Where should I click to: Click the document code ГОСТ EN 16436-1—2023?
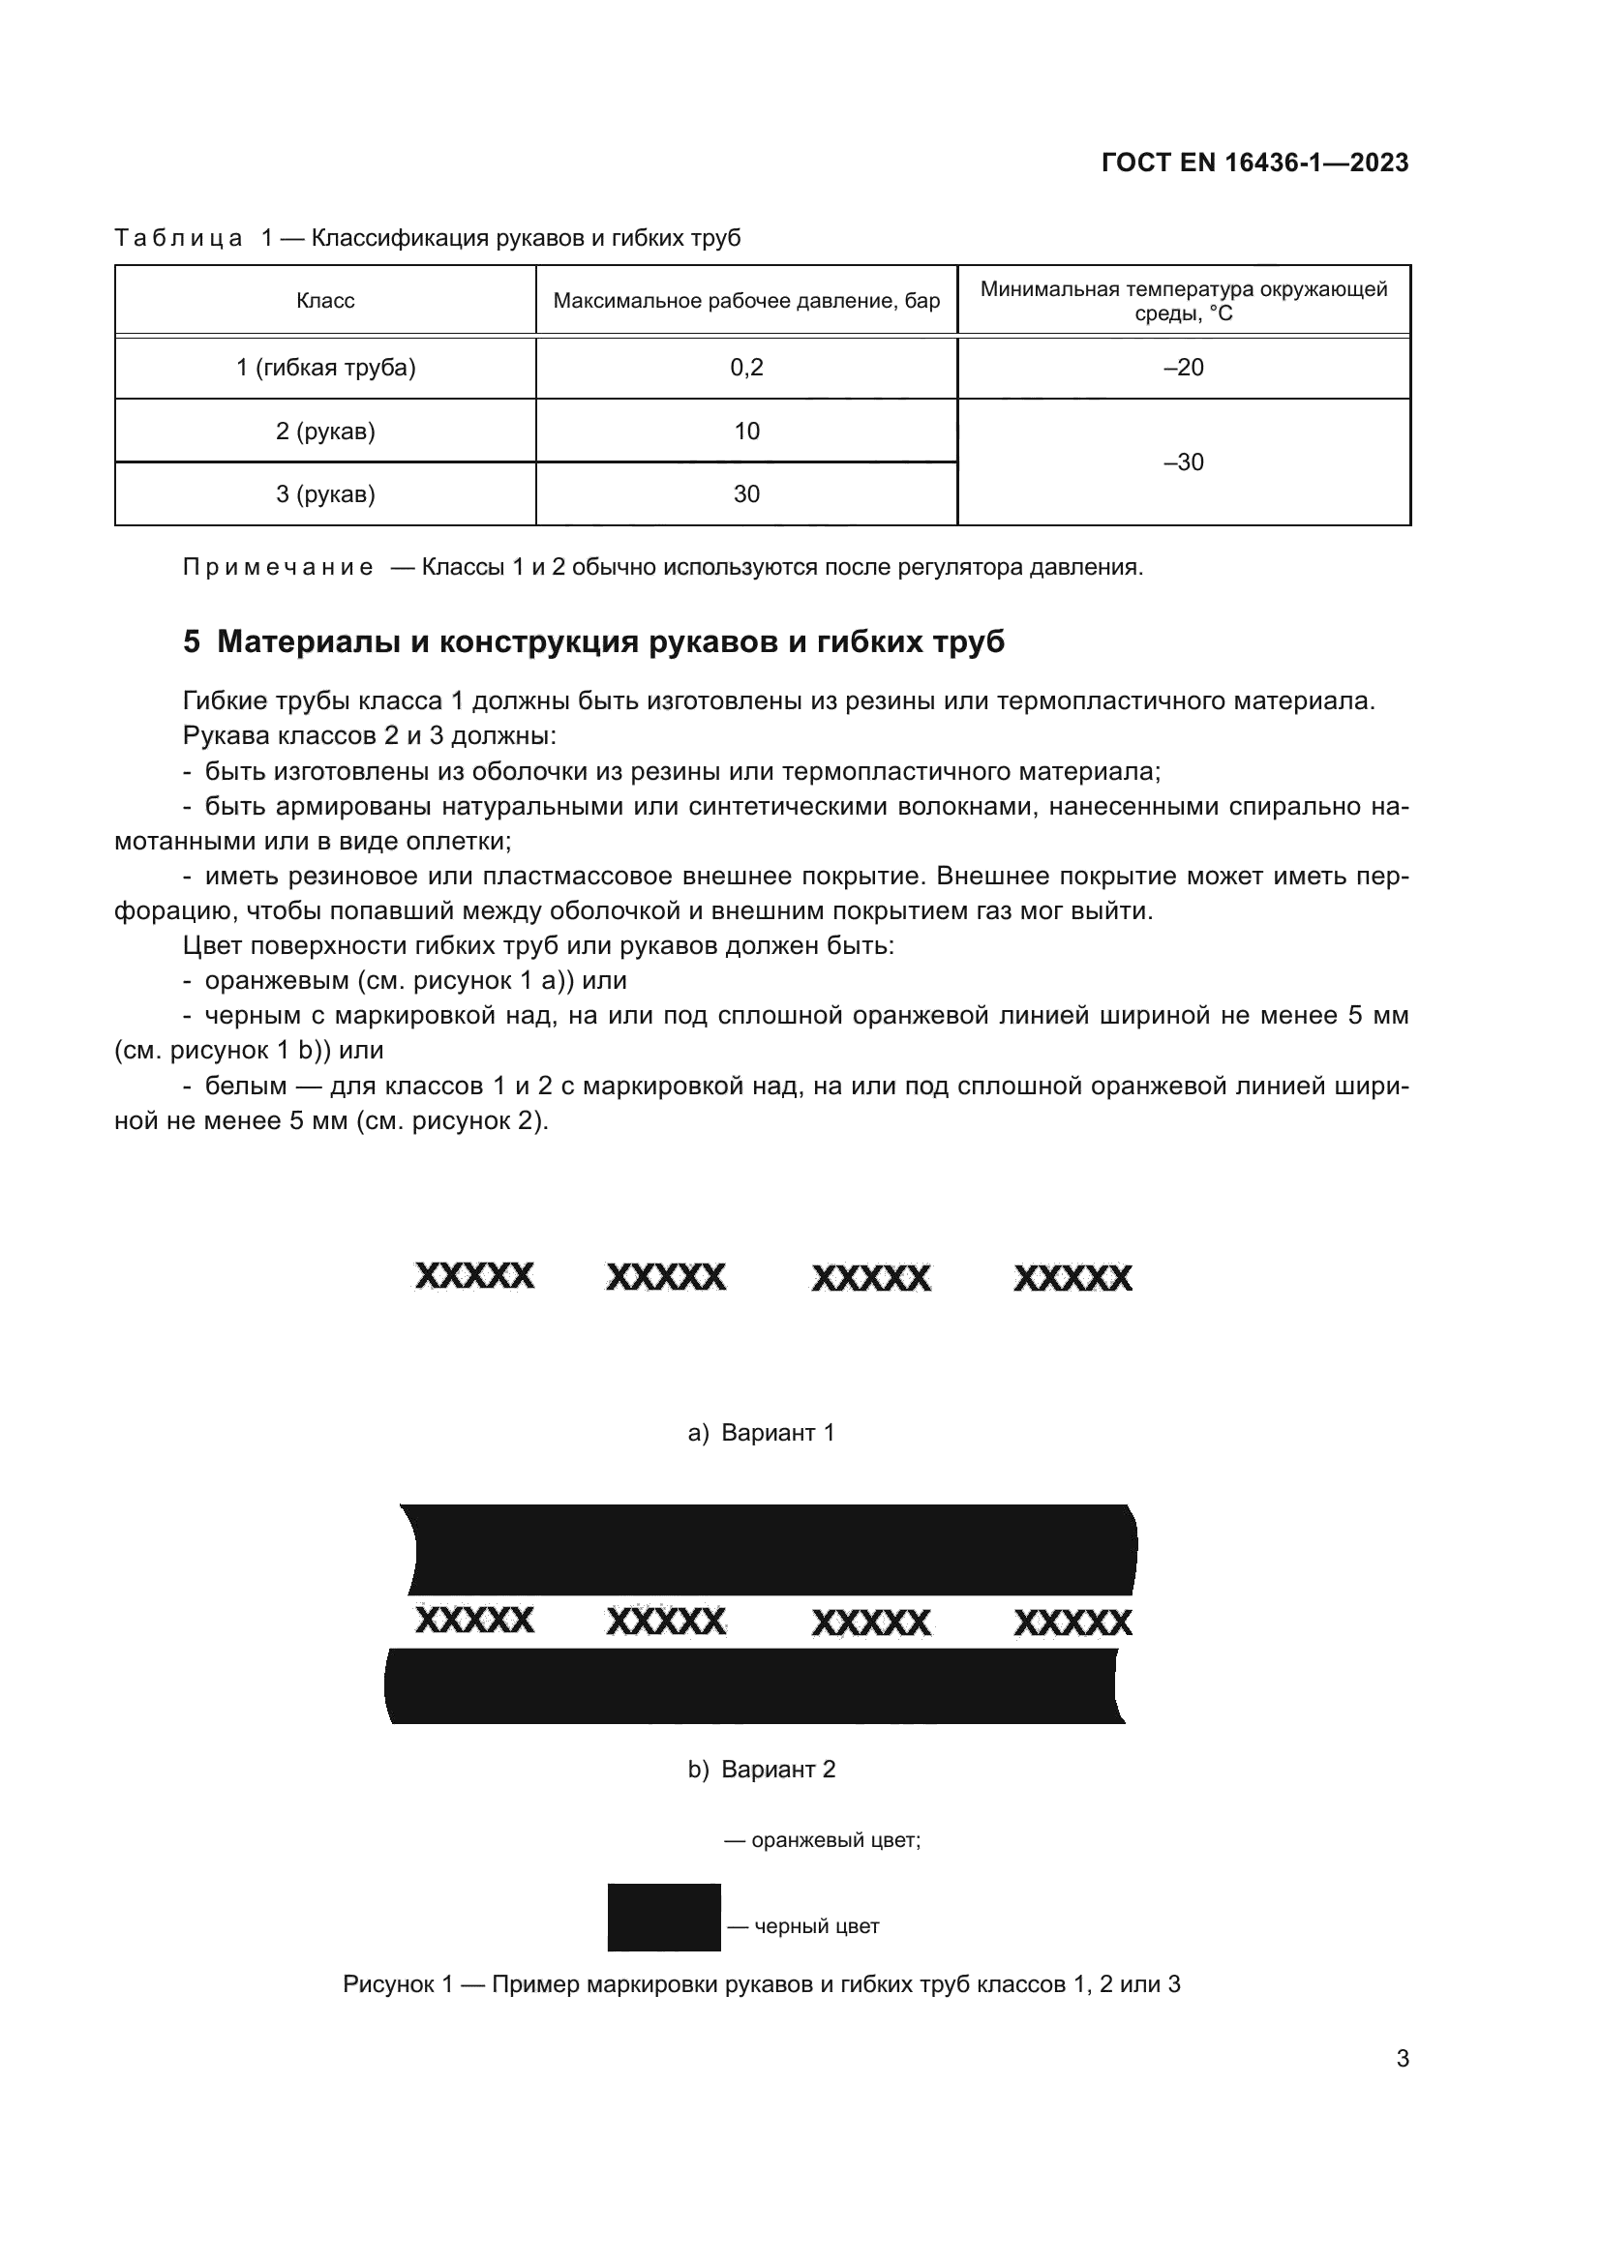tap(1254, 163)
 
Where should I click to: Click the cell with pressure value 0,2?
tap(746, 368)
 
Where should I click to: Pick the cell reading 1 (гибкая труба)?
tap(325, 368)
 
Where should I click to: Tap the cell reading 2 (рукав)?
tap(325, 432)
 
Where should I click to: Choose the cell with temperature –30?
tap(1183, 462)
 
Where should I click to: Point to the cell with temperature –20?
tap(1183, 368)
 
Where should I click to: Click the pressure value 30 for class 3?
tap(746, 494)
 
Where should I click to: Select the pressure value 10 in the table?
tap(746, 432)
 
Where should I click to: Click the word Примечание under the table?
tap(278, 568)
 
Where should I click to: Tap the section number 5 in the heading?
tap(192, 641)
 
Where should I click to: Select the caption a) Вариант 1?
tap(761, 1433)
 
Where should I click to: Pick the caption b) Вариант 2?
tap(761, 1770)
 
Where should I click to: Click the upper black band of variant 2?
tap(769, 1549)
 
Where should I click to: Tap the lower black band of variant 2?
tap(754, 1686)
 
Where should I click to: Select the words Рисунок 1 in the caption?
tap(396, 1984)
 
